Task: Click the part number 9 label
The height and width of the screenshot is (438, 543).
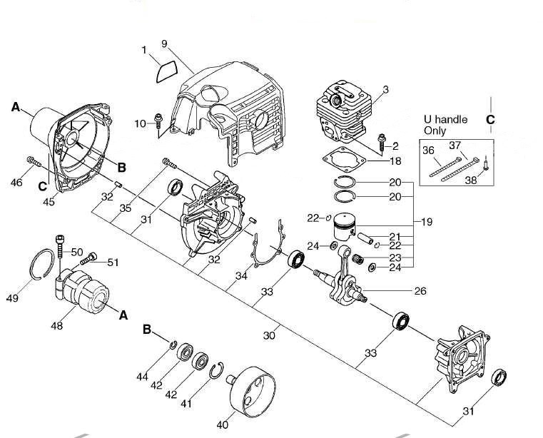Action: point(164,44)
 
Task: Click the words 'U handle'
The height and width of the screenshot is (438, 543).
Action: point(446,120)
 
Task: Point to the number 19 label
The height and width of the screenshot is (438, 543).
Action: point(427,222)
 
